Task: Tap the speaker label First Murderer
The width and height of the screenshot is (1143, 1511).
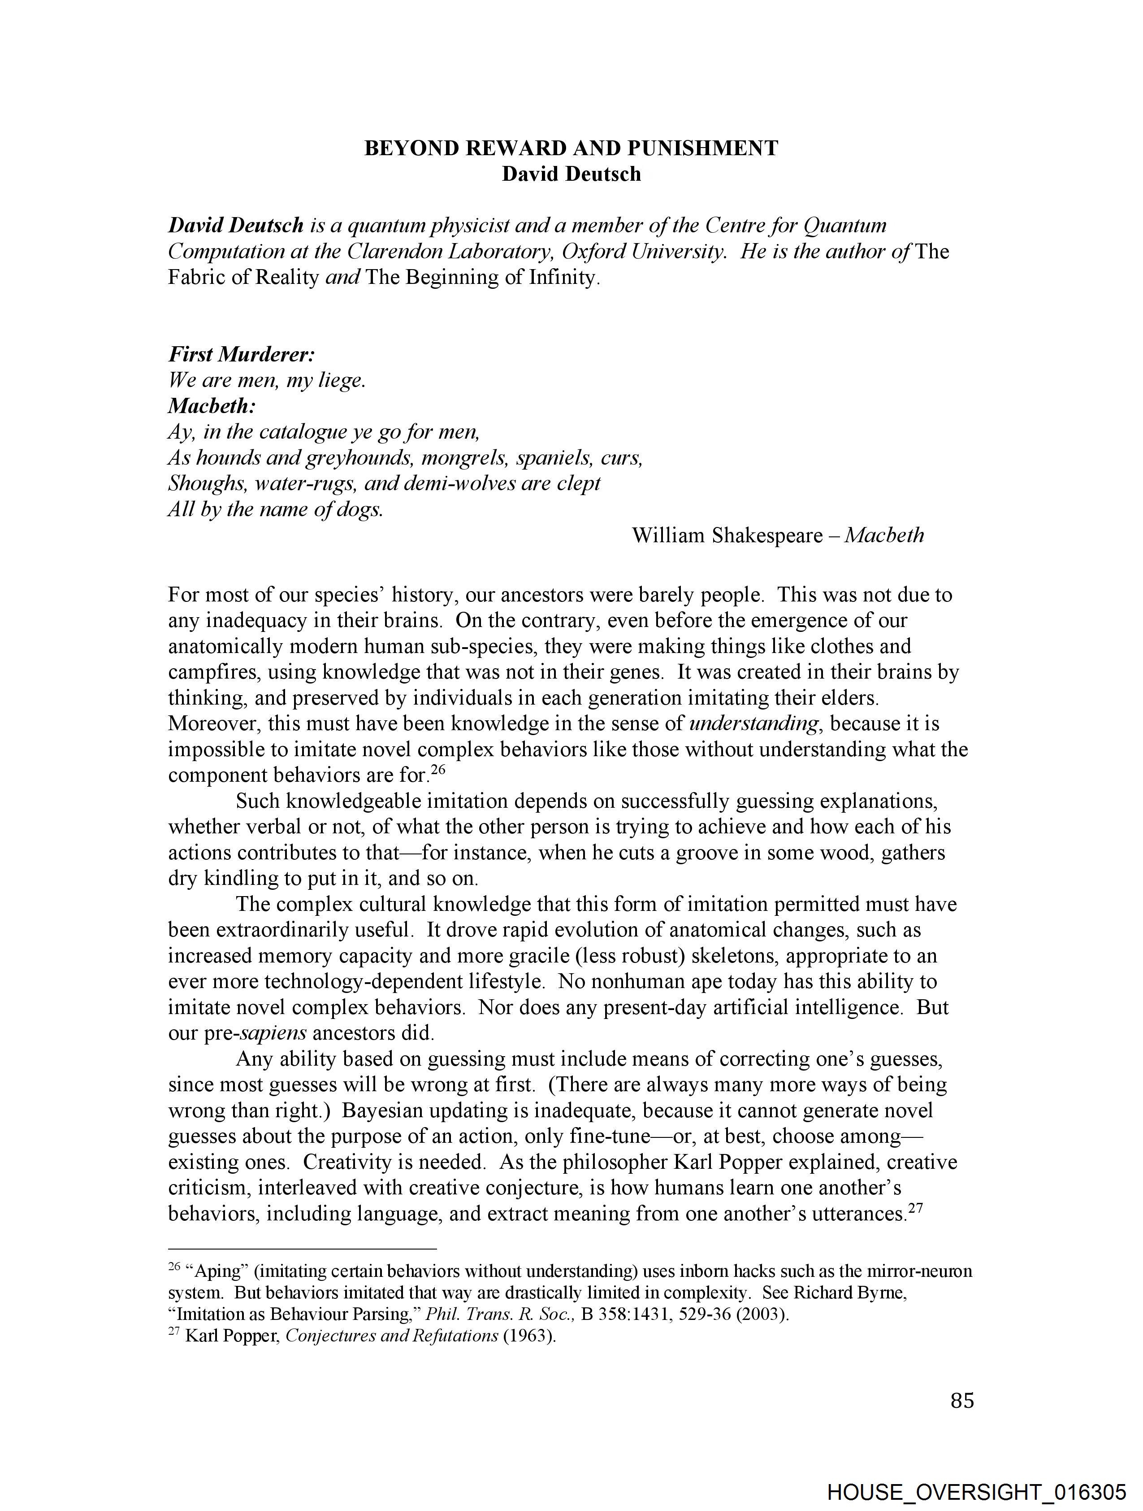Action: click(241, 354)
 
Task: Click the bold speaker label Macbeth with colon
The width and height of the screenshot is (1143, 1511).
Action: click(212, 406)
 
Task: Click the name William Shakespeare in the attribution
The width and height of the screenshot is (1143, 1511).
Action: click(727, 535)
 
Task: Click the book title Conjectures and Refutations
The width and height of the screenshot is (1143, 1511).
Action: click(391, 1336)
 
